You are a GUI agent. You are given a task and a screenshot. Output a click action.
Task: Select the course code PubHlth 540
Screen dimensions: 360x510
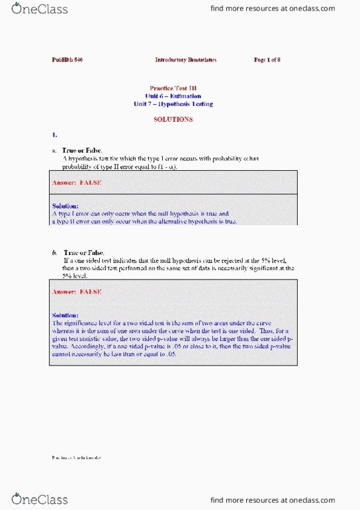pyautogui.click(x=67, y=60)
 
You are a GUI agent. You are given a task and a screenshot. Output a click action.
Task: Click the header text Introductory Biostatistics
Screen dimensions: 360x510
pyautogui.click(x=185, y=60)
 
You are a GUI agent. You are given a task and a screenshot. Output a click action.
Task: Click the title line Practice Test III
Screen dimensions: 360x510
pyautogui.click(x=173, y=87)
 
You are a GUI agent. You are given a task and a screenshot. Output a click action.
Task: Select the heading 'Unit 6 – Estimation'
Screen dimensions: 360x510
pyautogui.click(x=173, y=96)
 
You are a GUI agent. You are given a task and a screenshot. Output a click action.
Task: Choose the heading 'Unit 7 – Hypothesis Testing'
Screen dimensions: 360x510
pyautogui.click(x=173, y=104)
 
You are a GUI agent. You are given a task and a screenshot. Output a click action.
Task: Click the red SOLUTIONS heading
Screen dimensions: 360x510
pyautogui.click(x=173, y=120)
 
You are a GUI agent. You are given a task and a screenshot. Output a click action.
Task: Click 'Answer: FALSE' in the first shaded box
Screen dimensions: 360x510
pyautogui.click(x=77, y=182)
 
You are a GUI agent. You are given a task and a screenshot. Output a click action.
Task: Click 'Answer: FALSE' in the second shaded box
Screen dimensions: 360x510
pyautogui.click(x=77, y=291)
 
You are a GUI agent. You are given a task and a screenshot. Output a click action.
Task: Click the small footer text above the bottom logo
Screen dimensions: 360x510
pyautogui.click(x=76, y=458)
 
